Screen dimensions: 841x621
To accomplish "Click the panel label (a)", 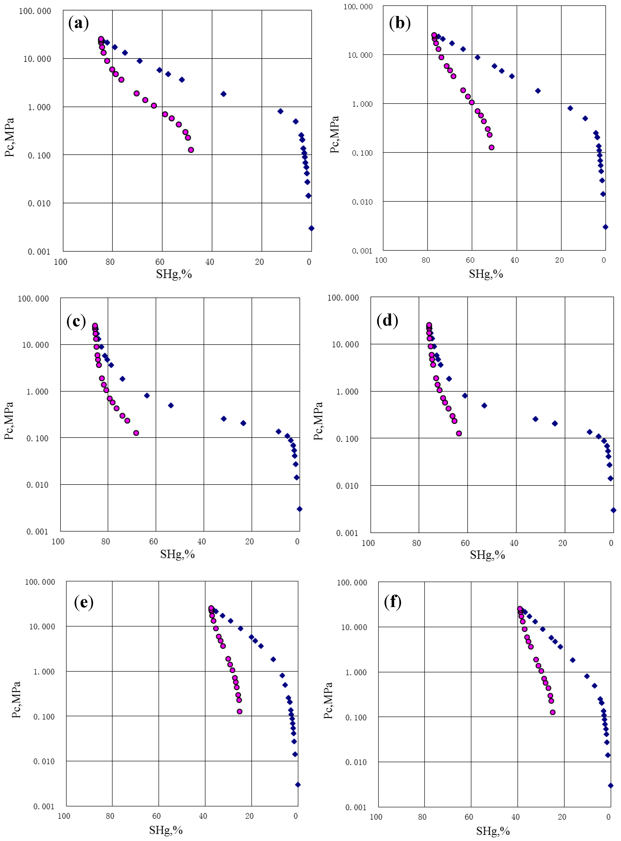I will (79, 23).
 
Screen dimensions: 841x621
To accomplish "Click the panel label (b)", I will (400, 23).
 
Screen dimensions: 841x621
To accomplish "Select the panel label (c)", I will (76, 321).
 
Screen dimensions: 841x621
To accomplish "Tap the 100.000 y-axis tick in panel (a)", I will (35, 11).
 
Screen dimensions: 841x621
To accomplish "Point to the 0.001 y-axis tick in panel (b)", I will (362, 251).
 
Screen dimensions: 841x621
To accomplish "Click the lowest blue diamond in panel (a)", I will (311, 228).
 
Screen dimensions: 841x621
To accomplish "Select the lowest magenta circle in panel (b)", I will (491, 147).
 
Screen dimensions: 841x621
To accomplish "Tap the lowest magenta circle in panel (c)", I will (136, 433).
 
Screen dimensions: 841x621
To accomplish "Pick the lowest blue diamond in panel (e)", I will (298, 785).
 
